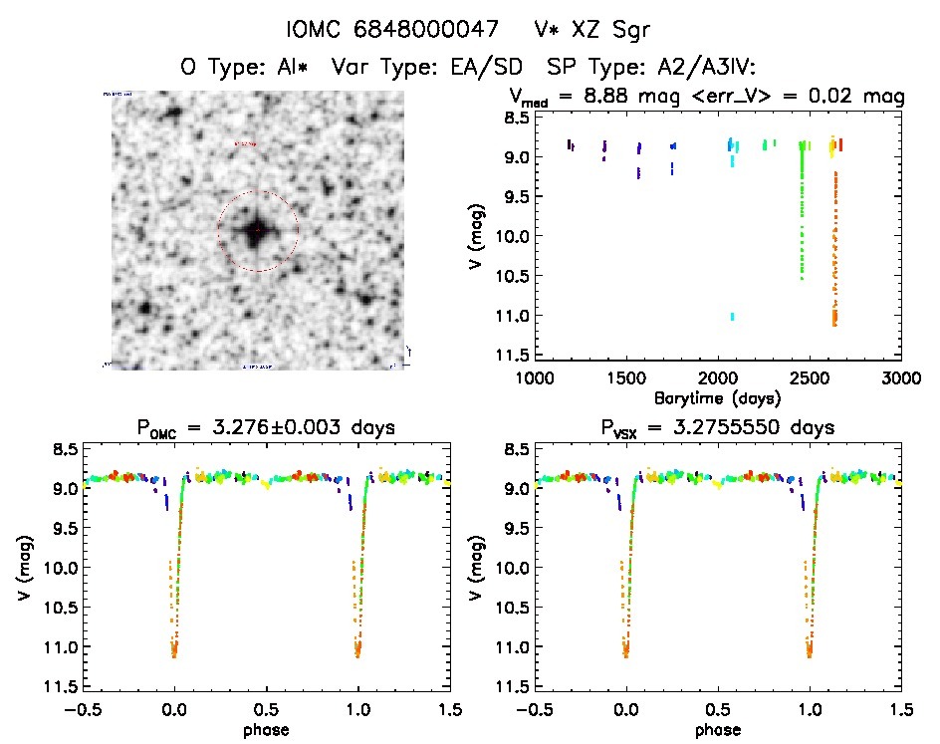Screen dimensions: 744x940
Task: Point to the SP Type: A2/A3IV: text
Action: (x=651, y=68)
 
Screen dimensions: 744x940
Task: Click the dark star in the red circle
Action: (x=257, y=231)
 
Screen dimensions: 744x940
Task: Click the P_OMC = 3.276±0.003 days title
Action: (x=266, y=428)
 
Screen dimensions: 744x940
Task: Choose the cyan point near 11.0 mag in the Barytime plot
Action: (x=733, y=317)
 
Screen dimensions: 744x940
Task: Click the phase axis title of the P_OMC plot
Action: (x=266, y=730)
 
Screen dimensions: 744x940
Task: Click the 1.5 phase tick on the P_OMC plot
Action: (x=450, y=709)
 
